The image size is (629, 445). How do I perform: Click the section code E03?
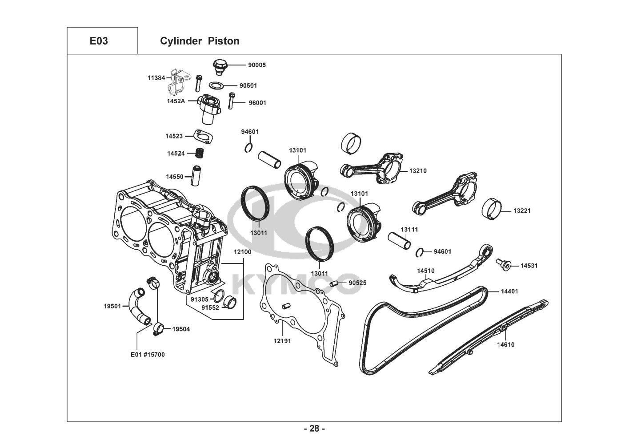99,41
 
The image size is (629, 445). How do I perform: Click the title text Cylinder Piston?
200,41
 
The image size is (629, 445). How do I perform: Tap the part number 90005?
257,65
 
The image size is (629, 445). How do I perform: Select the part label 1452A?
176,101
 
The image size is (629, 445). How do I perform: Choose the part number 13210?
418,170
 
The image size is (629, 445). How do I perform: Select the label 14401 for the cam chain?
509,291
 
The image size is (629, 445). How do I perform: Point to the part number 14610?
506,344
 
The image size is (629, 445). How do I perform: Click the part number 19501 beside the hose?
113,306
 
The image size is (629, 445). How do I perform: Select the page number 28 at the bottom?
314,429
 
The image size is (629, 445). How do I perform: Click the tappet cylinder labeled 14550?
197,176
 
